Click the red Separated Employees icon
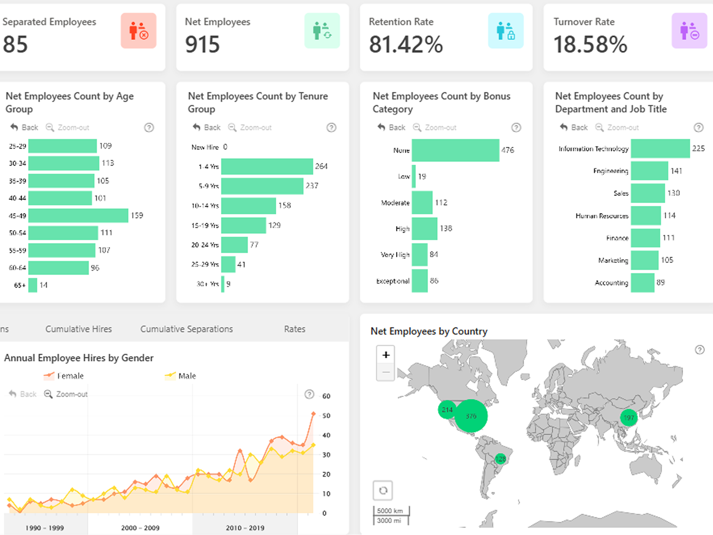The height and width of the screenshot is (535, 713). point(139,31)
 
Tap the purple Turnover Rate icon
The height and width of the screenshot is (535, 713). point(689,31)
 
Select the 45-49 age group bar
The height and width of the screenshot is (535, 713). point(78,215)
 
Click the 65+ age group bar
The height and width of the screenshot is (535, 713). point(33,285)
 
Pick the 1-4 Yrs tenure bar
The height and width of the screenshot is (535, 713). point(267,166)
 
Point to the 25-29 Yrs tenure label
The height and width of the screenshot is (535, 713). point(205,264)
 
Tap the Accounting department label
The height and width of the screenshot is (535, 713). point(611,283)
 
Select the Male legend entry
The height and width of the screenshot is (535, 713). point(181,376)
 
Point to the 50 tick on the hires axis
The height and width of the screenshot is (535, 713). point(326,416)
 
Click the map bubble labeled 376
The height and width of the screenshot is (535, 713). point(471,416)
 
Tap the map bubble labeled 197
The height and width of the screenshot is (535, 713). point(629,418)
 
